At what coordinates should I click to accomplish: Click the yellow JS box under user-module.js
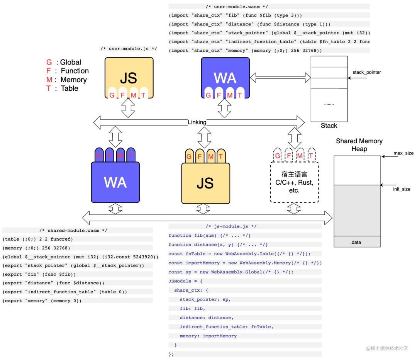[x=129, y=77]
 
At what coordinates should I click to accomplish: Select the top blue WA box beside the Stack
[x=225, y=77]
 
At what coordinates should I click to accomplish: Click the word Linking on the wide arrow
[x=197, y=122]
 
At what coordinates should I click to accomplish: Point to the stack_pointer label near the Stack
[x=366, y=72]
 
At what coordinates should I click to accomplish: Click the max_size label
[x=403, y=153]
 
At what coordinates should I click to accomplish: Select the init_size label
[x=402, y=189]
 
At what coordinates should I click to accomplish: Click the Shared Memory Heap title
[x=359, y=145]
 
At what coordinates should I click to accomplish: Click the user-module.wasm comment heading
[x=237, y=7]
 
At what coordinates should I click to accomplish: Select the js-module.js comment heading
[x=231, y=226]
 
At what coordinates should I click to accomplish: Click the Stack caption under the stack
[x=329, y=126]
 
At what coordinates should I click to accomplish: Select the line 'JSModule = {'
[x=185, y=281]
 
